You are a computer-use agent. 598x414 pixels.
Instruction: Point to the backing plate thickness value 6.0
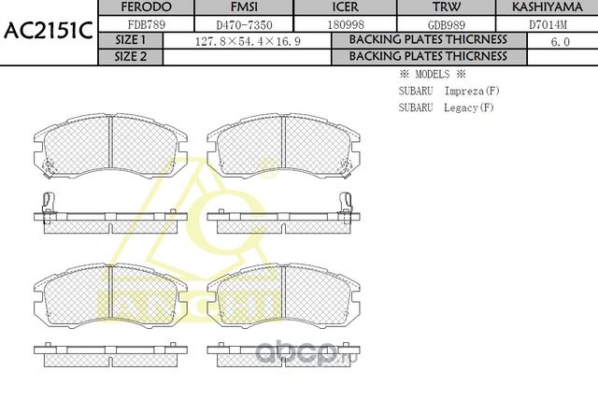tap(561, 41)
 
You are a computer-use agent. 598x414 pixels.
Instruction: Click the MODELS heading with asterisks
tap(432, 74)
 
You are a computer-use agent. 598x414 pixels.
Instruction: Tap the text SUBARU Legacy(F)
tap(445, 107)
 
